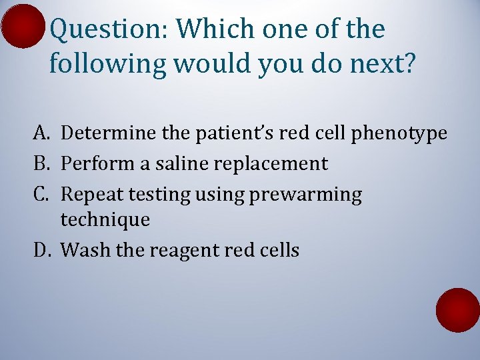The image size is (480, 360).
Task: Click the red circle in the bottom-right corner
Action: pyautogui.click(x=458, y=310)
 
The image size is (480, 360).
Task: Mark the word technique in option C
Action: pyautogui.click(x=105, y=220)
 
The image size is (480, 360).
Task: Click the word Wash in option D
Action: pyautogui.click(x=81, y=250)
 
